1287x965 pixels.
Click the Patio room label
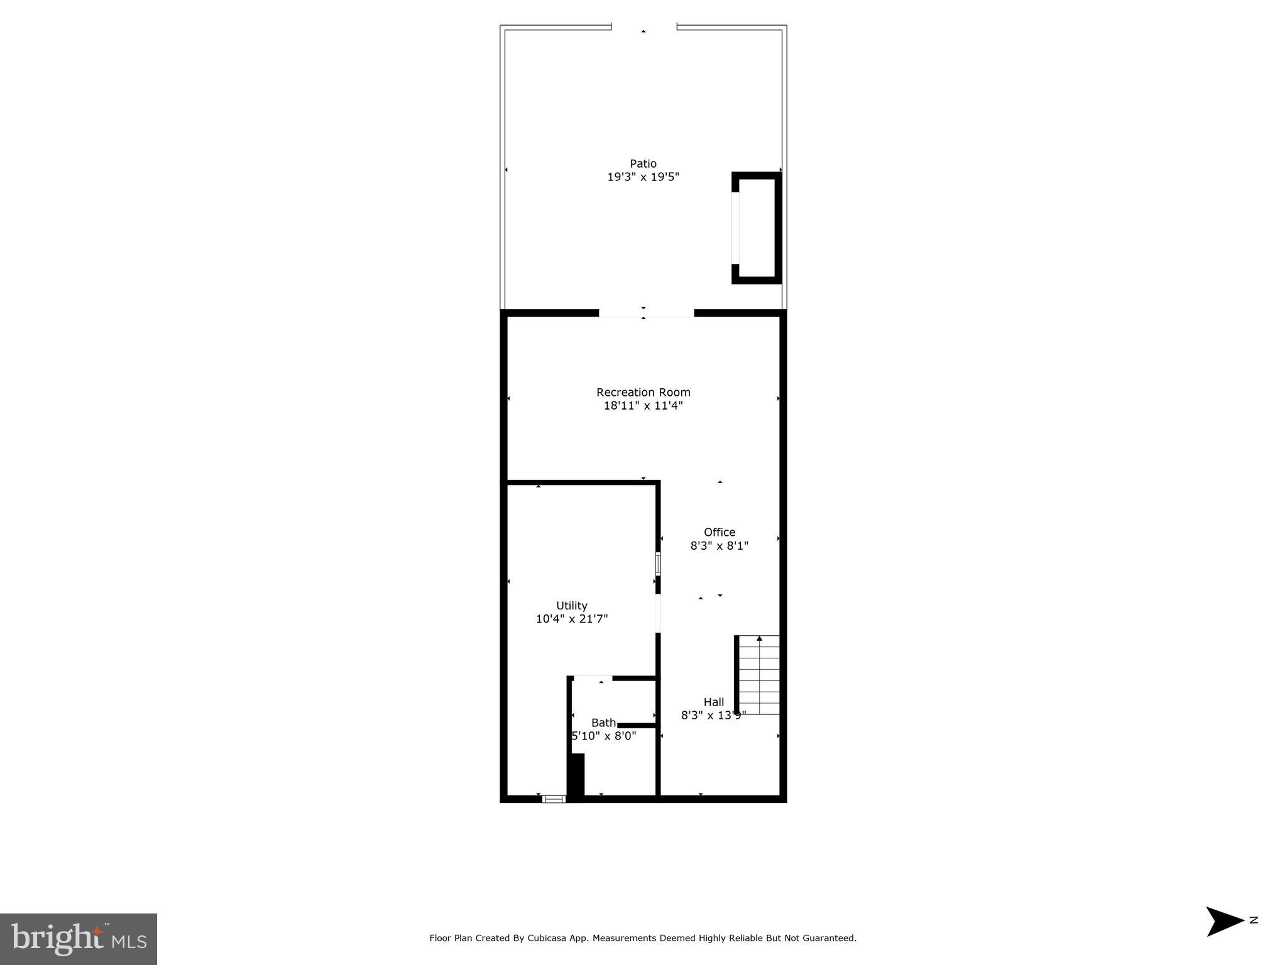click(x=643, y=163)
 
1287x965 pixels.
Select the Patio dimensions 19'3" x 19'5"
click(x=643, y=177)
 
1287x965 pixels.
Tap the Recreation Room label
click(x=643, y=392)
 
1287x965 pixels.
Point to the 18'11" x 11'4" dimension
click(x=643, y=406)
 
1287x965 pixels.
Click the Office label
click(x=719, y=532)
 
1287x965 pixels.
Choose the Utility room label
click(x=571, y=606)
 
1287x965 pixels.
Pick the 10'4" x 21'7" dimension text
click(x=571, y=619)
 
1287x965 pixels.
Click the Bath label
click(x=603, y=722)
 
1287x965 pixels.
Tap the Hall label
click(x=713, y=702)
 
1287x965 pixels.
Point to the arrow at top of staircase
click(x=759, y=639)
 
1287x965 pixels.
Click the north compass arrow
click(x=1224, y=922)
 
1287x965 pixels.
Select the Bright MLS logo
click(x=79, y=939)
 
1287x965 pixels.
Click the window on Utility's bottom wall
click(x=554, y=799)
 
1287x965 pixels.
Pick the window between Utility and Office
click(x=658, y=564)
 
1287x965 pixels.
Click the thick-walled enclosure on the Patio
click(x=757, y=227)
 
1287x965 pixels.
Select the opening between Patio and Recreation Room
click(x=646, y=313)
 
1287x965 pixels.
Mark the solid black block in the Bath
click(x=576, y=776)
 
